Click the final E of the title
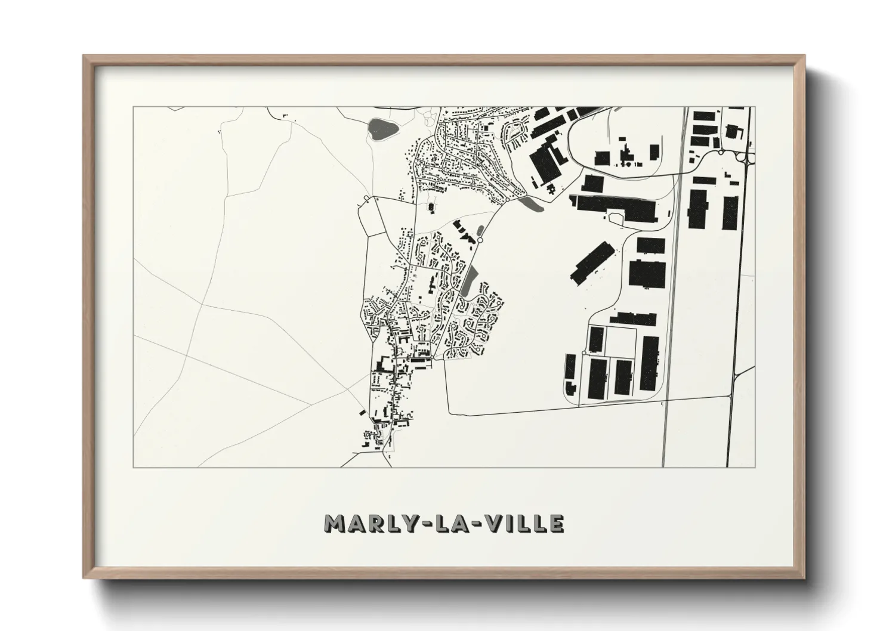[x=556, y=524]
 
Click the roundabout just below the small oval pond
[x=480, y=240]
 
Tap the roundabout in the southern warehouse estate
[x=583, y=354]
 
